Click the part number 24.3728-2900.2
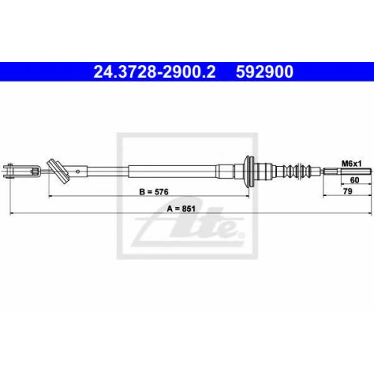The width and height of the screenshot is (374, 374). pos(155,72)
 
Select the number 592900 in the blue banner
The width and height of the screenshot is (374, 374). pos(265,72)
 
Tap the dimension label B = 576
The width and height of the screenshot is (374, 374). pos(154,191)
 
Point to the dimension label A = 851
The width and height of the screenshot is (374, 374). pos(181,209)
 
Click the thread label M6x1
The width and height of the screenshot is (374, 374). pos(352,164)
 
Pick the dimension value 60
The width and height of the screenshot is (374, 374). pos(355,180)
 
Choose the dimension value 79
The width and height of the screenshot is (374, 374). pos(348,191)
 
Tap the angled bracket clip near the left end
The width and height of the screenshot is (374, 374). pos(59,171)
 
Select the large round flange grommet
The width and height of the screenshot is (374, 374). pos(249,171)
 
